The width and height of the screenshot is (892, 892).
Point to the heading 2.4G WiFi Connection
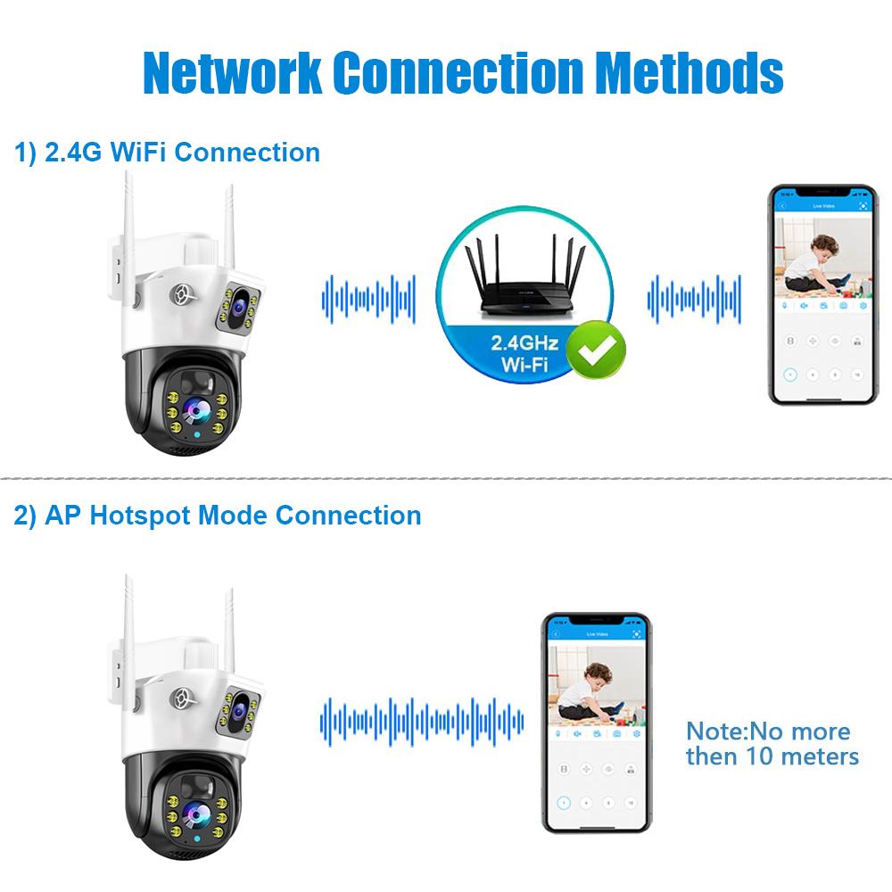[167, 152]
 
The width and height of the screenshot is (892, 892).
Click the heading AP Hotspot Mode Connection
[217, 515]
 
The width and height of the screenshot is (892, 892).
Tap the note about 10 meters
[772, 744]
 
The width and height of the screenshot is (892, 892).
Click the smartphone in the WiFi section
[821, 295]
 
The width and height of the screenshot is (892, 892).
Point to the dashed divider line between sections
[446, 476]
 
